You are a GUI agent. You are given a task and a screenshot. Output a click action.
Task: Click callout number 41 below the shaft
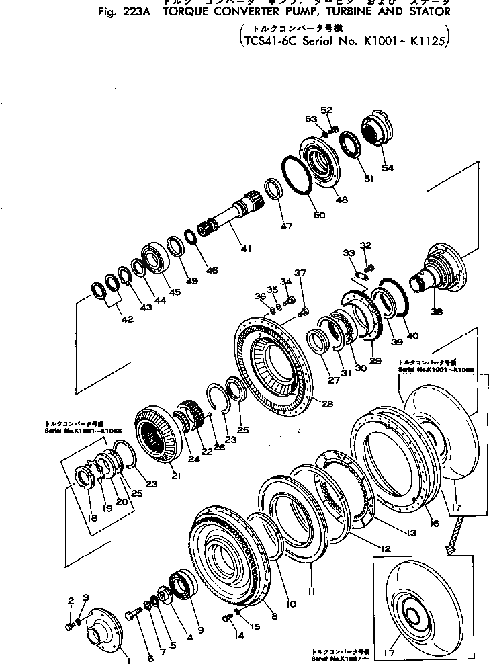(x=246, y=249)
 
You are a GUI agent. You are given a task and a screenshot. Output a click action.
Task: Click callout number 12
(x=384, y=549)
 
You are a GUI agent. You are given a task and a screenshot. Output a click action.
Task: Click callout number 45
(x=175, y=292)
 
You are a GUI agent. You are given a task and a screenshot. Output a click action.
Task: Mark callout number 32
(x=365, y=245)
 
